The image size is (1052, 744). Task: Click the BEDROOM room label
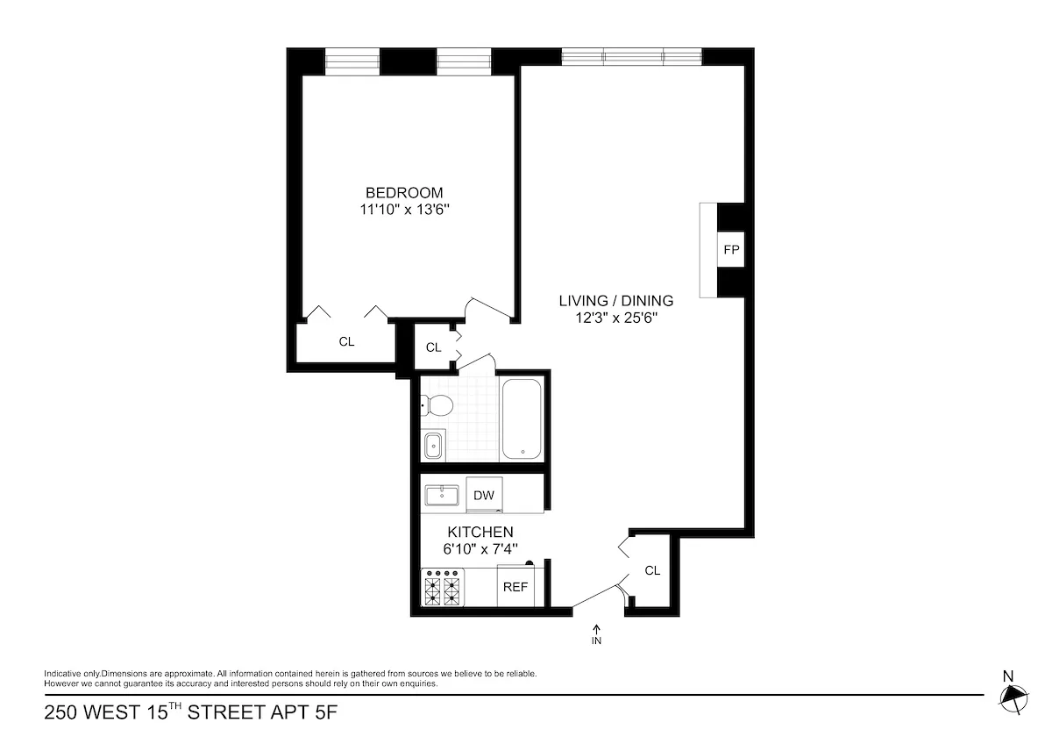tap(404, 193)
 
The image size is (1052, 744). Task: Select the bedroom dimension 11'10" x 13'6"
tap(404, 211)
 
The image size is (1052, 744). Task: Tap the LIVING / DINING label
tap(616, 301)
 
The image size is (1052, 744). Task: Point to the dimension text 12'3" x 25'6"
tap(616, 318)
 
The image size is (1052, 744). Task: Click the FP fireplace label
tap(731, 250)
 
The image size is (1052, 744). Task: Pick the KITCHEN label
tap(480, 532)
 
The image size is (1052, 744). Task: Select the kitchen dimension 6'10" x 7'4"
tap(480, 549)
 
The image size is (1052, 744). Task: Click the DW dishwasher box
tap(484, 495)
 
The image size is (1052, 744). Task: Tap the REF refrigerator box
tap(515, 587)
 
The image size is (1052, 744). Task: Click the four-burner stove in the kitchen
tap(443, 587)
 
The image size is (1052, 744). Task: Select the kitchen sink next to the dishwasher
tap(443, 496)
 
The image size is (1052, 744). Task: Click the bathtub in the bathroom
tap(523, 418)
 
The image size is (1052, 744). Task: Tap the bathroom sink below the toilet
tap(433, 446)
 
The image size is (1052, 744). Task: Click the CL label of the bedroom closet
tap(347, 342)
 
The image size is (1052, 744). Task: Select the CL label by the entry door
tap(652, 570)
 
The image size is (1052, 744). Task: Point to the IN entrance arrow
tap(597, 633)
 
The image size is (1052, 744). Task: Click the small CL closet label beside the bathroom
tap(433, 347)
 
